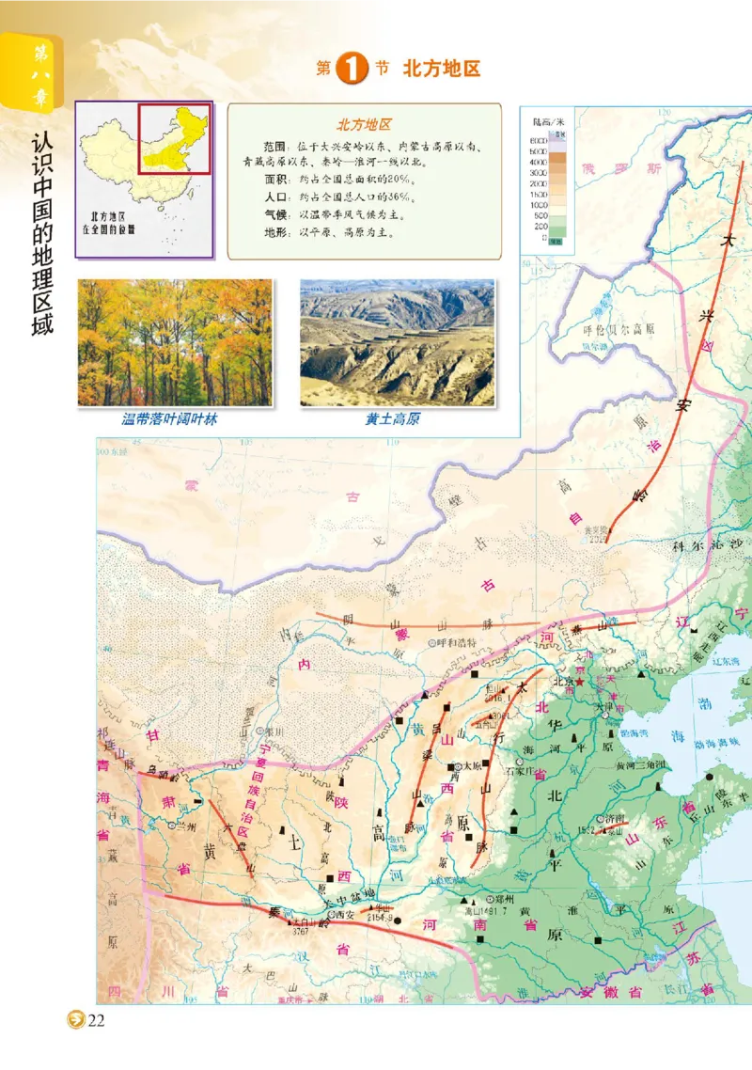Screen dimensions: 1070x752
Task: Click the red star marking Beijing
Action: [x=580, y=681]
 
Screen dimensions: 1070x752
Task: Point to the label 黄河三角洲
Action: [x=639, y=764]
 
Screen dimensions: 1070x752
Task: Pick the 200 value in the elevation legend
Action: [x=540, y=226]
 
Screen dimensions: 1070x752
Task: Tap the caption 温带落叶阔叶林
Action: [x=170, y=419]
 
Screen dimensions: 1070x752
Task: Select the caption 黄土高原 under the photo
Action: [x=392, y=419]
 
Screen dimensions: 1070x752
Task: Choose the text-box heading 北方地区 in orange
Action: [x=364, y=124]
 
